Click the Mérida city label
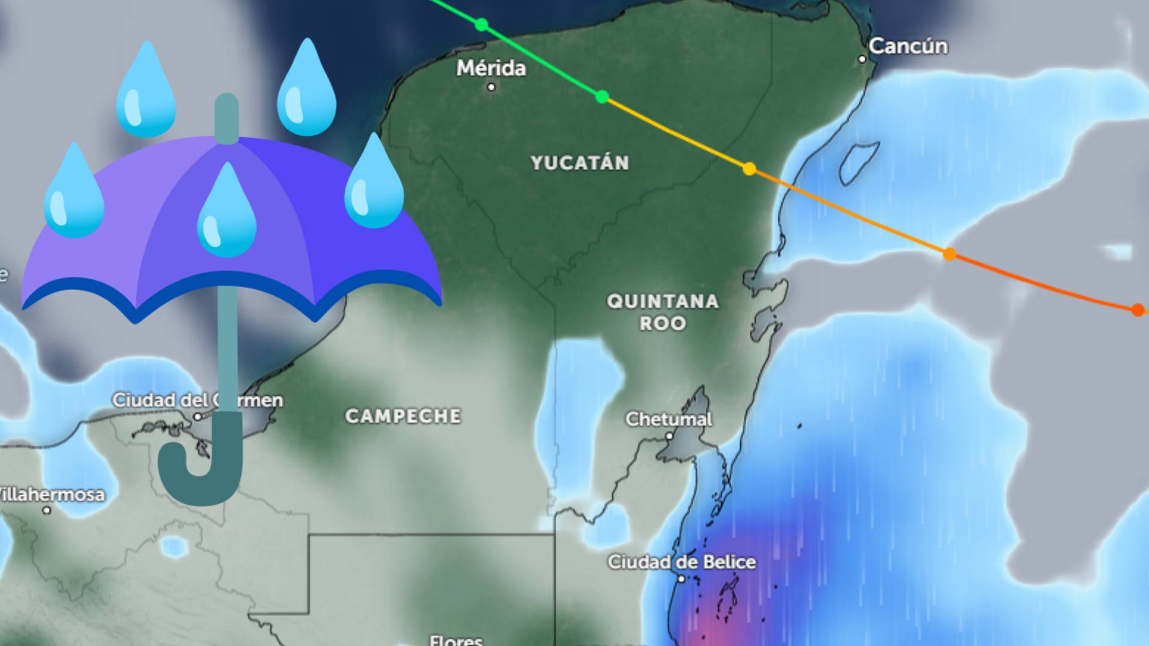(491, 68)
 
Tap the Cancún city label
(908, 46)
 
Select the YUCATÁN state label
(580, 163)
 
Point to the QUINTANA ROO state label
(662, 312)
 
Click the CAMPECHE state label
(403, 416)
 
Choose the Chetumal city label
(668, 419)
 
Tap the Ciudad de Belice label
(682, 562)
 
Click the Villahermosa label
(51, 494)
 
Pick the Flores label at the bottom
(456, 640)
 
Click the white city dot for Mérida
(491, 87)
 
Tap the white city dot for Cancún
(862, 59)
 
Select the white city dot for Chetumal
(670, 436)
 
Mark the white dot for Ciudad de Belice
(681, 578)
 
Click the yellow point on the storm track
(749, 169)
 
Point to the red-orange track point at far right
(1138, 310)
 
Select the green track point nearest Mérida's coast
(481, 25)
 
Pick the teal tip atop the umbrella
(226, 117)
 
